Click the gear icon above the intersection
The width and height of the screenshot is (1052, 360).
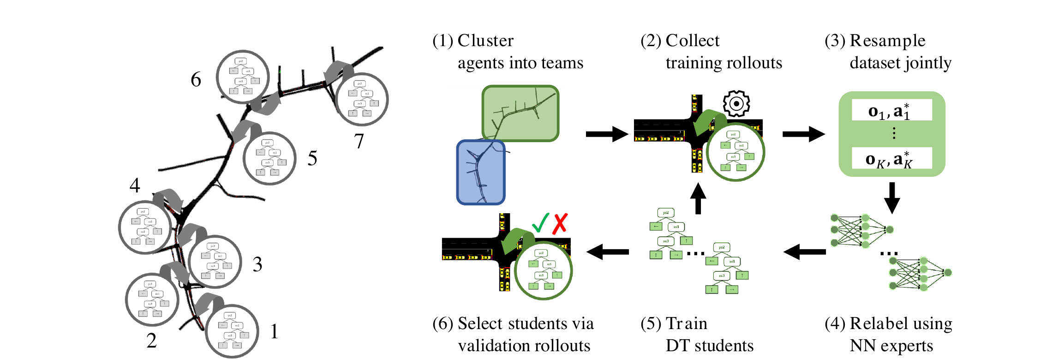pos(736,103)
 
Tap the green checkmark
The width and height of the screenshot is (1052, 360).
pos(540,223)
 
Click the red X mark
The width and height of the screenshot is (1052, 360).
pos(560,224)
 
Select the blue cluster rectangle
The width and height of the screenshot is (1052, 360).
pos(481,172)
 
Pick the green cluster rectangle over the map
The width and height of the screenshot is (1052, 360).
pos(520,113)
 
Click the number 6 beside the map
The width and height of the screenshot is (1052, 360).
pos(196,80)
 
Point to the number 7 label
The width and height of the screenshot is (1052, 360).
pos(359,141)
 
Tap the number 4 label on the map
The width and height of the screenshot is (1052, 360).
pos(135,186)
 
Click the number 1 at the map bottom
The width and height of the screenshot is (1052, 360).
pos(274,331)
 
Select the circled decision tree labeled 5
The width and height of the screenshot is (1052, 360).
pos(269,158)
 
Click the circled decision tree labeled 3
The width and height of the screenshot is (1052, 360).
pos(215,262)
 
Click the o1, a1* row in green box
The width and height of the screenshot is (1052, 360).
pos(891,111)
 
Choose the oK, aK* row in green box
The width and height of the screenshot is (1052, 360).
pos(891,159)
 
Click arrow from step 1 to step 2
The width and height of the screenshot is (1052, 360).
pos(606,134)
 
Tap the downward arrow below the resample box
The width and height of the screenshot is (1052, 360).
pos(891,198)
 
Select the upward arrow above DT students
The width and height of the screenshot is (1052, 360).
pos(698,198)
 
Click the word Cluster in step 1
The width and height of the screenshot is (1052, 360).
pos(485,41)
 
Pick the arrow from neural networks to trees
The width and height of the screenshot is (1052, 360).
pos(804,252)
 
